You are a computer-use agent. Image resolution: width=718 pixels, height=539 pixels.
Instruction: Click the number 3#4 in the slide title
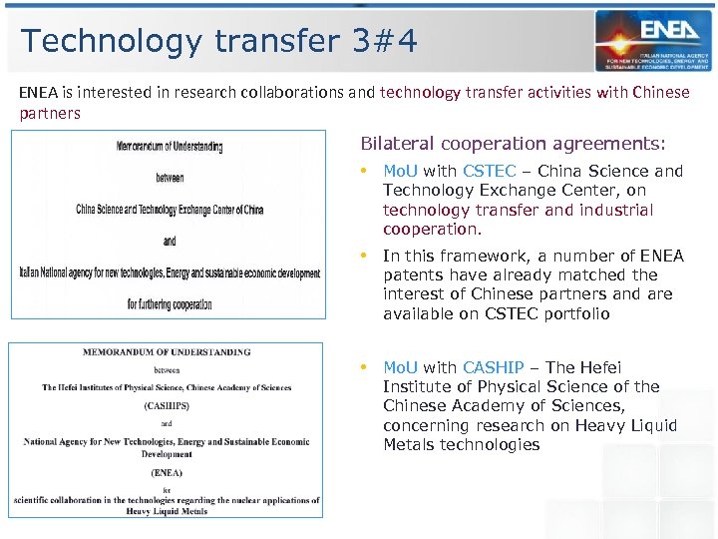click(385, 41)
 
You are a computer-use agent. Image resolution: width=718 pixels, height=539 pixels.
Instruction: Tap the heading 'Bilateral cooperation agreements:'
click(514, 144)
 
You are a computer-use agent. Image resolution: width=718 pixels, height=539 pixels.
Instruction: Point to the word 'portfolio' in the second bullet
click(574, 313)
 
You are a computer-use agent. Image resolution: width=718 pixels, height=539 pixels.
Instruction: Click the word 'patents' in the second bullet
click(414, 274)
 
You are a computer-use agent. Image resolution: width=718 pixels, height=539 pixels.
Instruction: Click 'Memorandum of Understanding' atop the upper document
click(170, 146)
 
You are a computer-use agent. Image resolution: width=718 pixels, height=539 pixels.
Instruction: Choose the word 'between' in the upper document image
click(170, 178)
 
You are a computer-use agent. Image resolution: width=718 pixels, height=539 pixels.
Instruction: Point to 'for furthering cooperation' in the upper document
click(170, 304)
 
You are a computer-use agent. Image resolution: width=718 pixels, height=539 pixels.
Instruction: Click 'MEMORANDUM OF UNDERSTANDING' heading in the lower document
click(167, 352)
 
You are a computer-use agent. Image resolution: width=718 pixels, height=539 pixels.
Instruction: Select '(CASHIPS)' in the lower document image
click(167, 406)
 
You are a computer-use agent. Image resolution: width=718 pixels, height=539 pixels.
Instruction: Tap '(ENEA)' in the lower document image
click(167, 472)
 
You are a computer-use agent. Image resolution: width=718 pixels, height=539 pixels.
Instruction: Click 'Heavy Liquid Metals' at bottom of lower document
click(167, 511)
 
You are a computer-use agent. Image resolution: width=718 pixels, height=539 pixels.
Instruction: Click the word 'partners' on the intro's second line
click(50, 113)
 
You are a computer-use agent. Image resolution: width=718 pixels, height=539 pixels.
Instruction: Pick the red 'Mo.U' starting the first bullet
click(401, 171)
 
